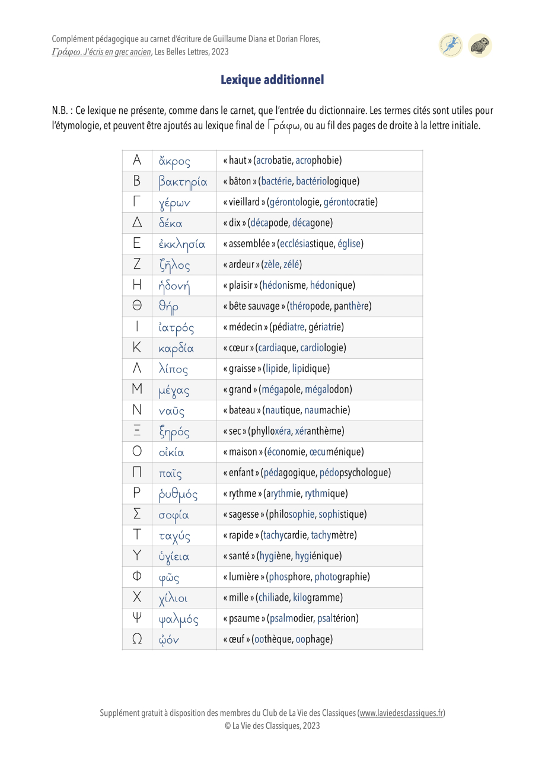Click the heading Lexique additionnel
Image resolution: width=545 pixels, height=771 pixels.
(272, 79)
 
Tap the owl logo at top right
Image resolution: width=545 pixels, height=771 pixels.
(480, 46)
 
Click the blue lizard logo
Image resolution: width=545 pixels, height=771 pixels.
(451, 46)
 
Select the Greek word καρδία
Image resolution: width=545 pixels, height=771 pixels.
(176, 348)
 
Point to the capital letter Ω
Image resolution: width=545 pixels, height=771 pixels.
(137, 639)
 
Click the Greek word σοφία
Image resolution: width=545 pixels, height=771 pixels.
(174, 515)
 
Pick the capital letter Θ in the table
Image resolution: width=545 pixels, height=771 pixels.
(137, 306)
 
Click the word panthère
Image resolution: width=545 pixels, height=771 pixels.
(352, 306)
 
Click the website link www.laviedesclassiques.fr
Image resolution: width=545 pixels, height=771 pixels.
(401, 713)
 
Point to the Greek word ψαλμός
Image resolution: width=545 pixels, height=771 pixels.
(178, 619)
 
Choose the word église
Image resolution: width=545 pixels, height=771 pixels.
(350, 244)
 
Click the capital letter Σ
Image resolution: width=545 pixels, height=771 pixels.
(137, 514)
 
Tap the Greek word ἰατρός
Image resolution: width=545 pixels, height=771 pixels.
(176, 327)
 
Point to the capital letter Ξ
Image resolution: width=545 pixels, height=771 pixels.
(137, 431)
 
